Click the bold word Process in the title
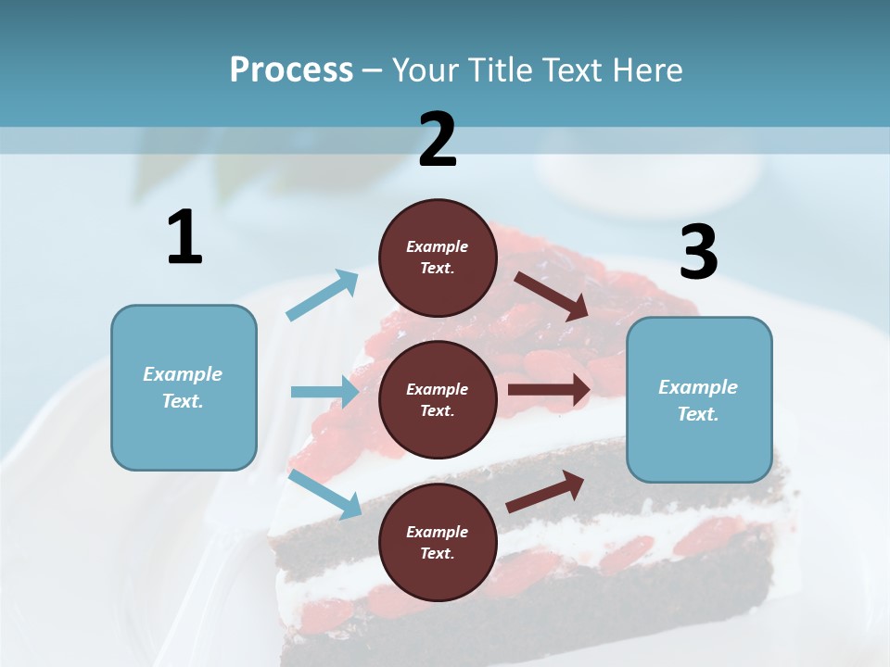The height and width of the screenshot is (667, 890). point(291,69)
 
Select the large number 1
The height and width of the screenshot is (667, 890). point(184,237)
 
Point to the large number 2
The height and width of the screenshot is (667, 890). point(438,140)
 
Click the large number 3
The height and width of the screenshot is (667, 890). point(698,253)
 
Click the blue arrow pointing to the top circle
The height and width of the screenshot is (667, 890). point(323,295)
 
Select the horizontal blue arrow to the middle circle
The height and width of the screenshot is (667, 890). point(324,392)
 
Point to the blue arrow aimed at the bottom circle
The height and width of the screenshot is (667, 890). point(325,494)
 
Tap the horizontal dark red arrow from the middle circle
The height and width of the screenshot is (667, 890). point(549,389)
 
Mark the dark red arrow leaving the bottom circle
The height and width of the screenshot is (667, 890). point(546,491)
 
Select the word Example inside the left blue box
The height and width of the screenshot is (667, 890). point(183,374)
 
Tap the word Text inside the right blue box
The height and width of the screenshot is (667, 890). point(698,414)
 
